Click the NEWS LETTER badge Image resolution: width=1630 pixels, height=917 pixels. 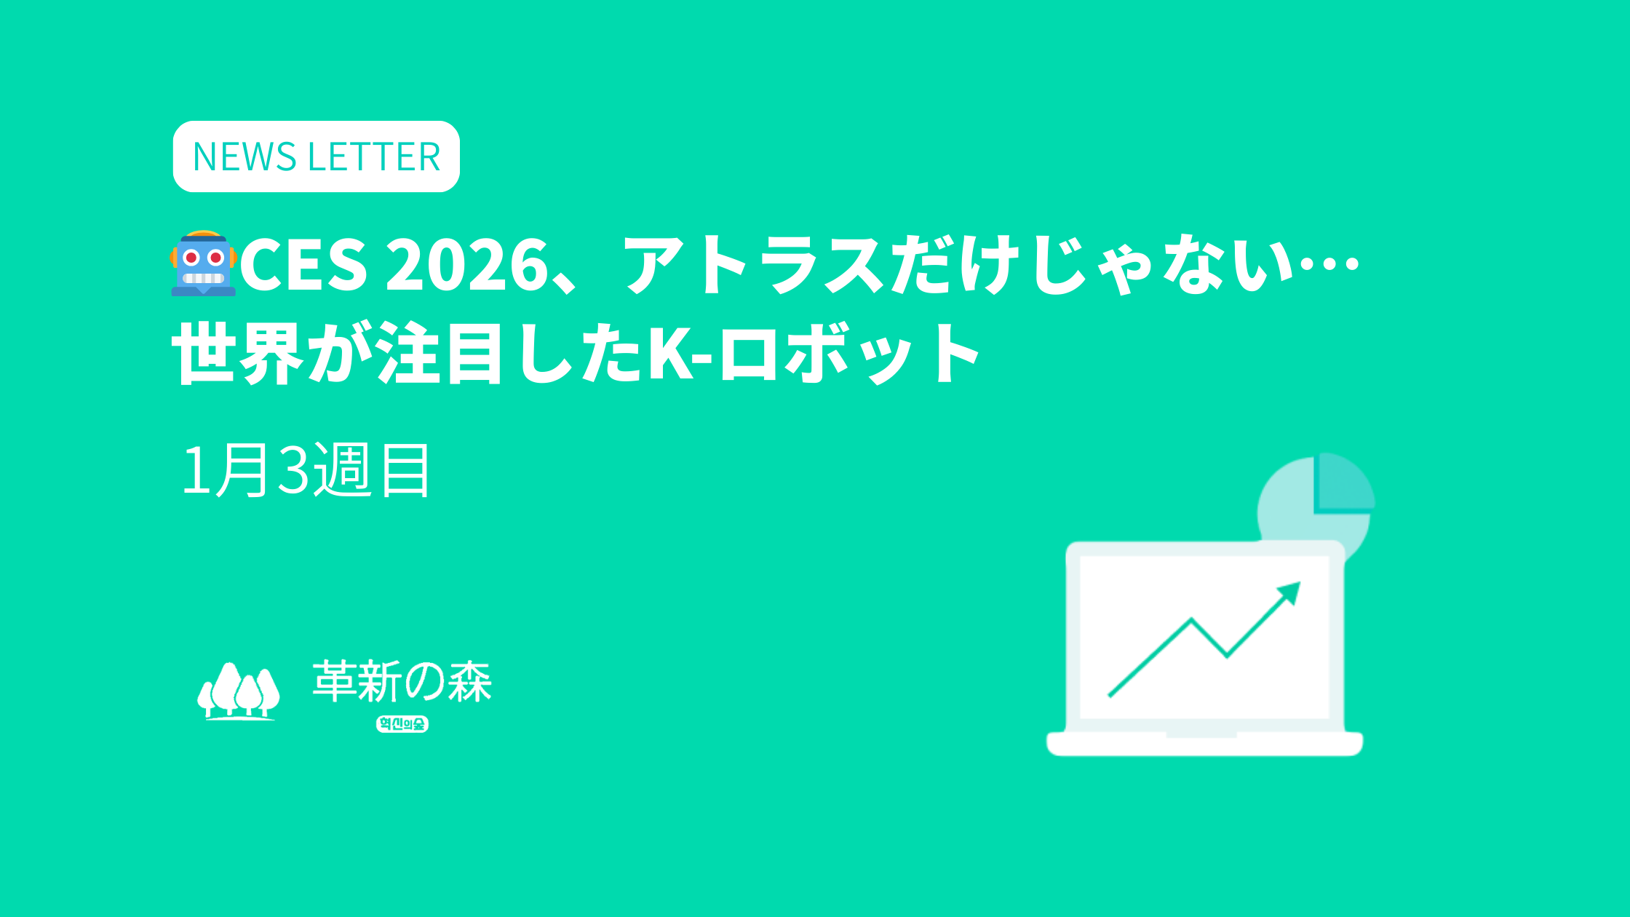[x=317, y=156]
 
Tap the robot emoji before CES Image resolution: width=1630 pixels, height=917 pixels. [x=204, y=263]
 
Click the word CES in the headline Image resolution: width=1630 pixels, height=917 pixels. [x=303, y=264]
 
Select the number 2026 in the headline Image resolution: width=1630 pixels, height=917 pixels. [x=467, y=264]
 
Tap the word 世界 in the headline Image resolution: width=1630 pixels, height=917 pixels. [x=237, y=354]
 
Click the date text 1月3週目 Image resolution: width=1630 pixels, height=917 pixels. [x=306, y=470]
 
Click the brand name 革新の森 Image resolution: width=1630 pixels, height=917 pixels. [x=402, y=681]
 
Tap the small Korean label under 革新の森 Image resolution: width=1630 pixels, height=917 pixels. [x=402, y=723]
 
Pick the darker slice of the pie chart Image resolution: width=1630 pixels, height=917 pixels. [x=1345, y=482]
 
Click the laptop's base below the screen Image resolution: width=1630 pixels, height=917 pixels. [x=1204, y=744]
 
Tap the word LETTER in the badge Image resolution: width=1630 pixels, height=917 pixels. [x=374, y=157]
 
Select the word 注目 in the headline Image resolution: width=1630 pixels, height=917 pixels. [x=440, y=354]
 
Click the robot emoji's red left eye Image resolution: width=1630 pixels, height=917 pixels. [x=191, y=258]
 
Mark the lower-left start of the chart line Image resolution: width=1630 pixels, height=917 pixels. [x=1109, y=696]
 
